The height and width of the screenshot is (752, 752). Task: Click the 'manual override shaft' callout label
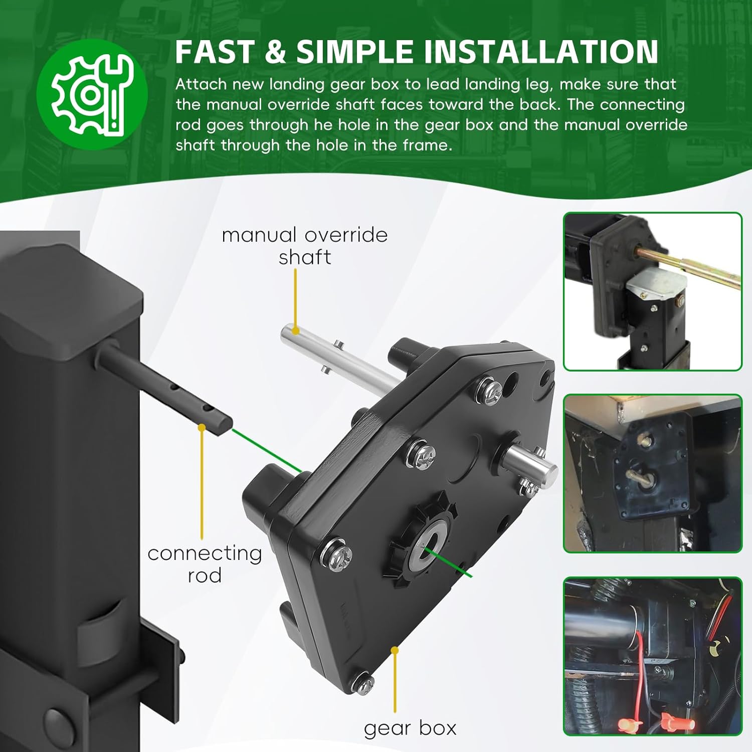[x=305, y=246]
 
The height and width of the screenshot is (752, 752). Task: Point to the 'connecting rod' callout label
[x=205, y=564]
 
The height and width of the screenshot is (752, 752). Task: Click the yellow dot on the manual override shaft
[x=295, y=331]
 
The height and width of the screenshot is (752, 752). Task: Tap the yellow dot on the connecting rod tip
[x=202, y=428]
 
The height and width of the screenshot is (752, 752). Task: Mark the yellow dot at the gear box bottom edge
[x=395, y=650]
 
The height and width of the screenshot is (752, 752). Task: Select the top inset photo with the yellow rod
[x=653, y=292]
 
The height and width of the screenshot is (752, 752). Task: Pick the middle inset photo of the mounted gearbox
[x=653, y=474]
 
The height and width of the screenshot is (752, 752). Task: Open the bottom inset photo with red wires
[x=653, y=656]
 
